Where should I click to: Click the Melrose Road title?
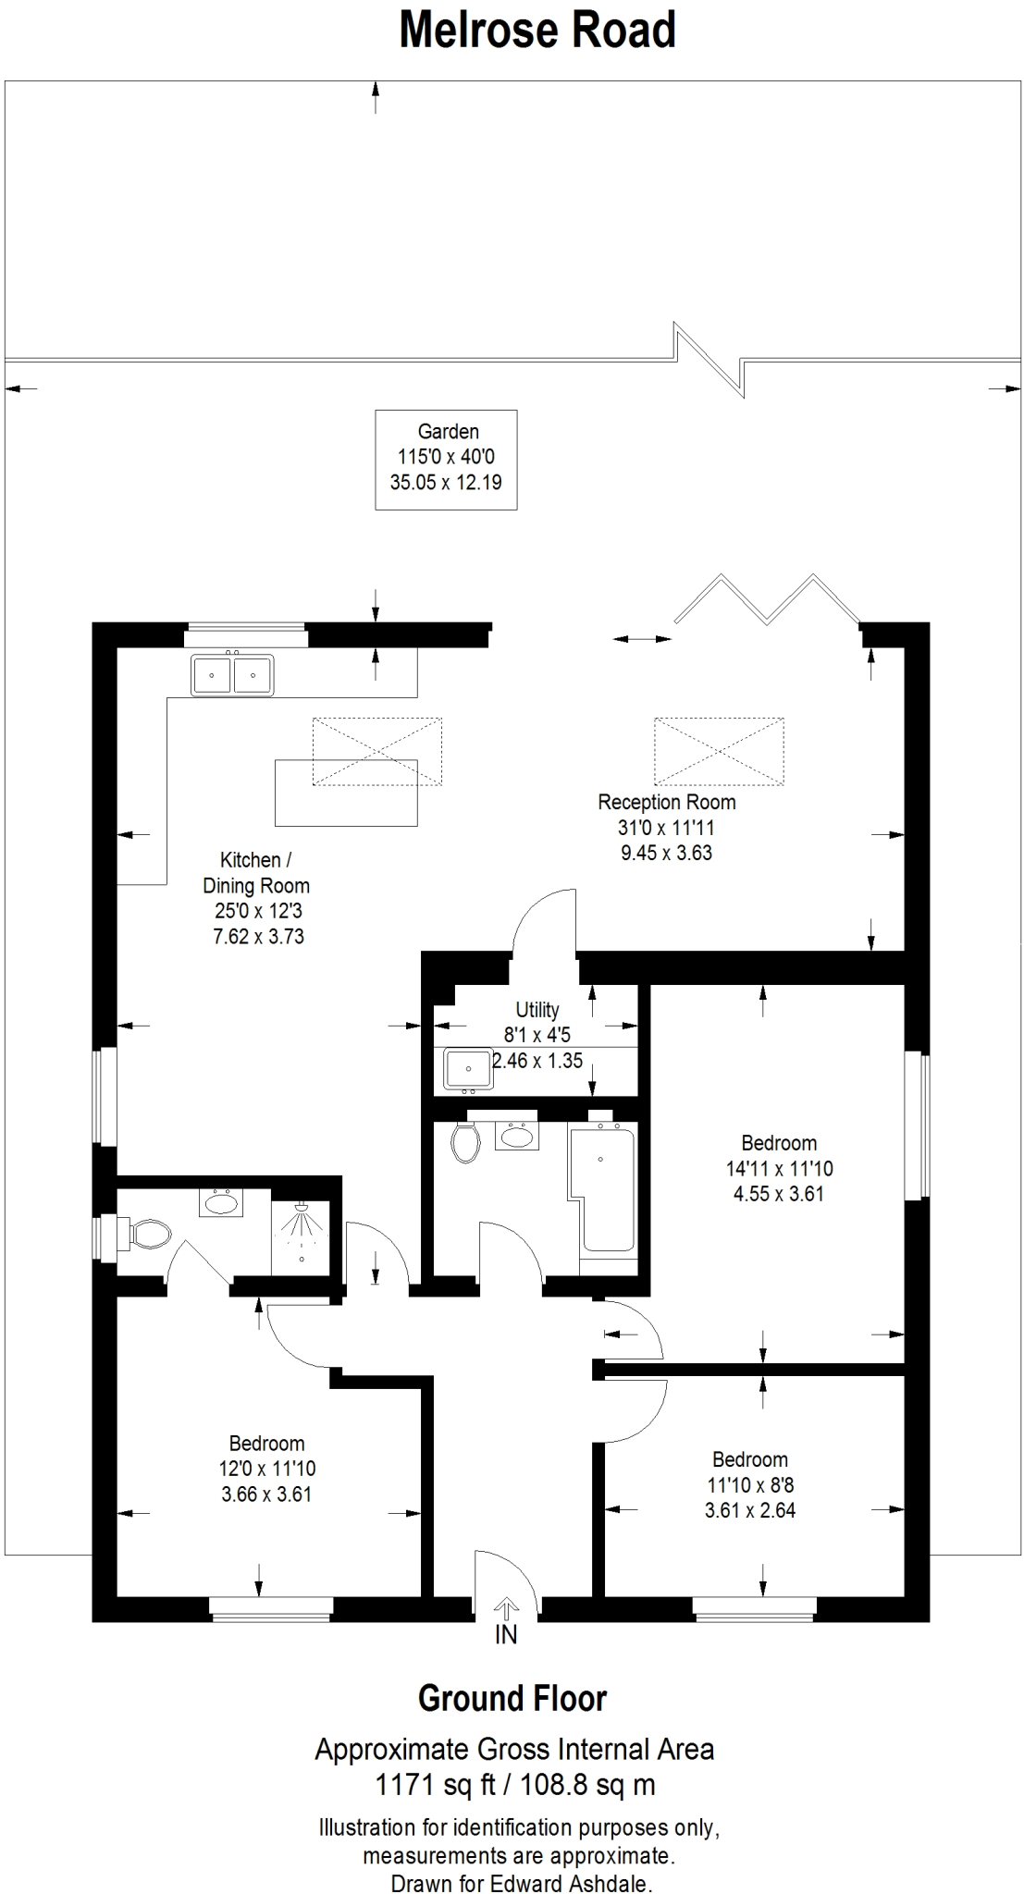pos(537,31)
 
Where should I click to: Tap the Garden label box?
pos(446,460)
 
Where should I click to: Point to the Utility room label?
pos(537,1010)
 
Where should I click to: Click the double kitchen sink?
pos(232,674)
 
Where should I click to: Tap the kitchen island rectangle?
pos(346,792)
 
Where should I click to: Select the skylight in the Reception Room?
pos(719,751)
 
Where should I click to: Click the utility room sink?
pos(468,1069)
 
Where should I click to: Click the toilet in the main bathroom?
pos(465,1142)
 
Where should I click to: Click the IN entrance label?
pos(506,1634)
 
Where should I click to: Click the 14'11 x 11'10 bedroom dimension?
pos(780,1168)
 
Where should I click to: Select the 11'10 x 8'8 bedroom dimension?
pos(750,1485)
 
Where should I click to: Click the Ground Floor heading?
pos(512,1698)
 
